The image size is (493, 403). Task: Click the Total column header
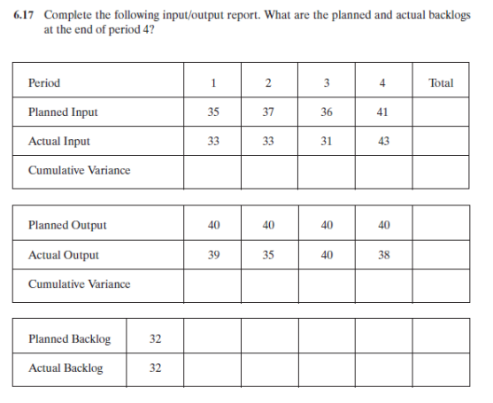click(440, 83)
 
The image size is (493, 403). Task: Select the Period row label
click(44, 83)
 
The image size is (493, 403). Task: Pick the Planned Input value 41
click(382, 112)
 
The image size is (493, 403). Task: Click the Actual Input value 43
click(382, 141)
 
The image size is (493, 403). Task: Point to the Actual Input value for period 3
click(326, 141)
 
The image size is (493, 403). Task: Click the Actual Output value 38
click(382, 255)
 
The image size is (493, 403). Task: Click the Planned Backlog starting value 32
click(155, 339)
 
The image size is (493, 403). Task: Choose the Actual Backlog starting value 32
click(155, 368)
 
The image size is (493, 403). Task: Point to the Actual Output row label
click(64, 255)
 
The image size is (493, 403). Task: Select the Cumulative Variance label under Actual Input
click(79, 170)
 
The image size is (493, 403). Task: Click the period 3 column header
click(326, 83)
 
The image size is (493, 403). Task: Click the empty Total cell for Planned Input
click(440, 112)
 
